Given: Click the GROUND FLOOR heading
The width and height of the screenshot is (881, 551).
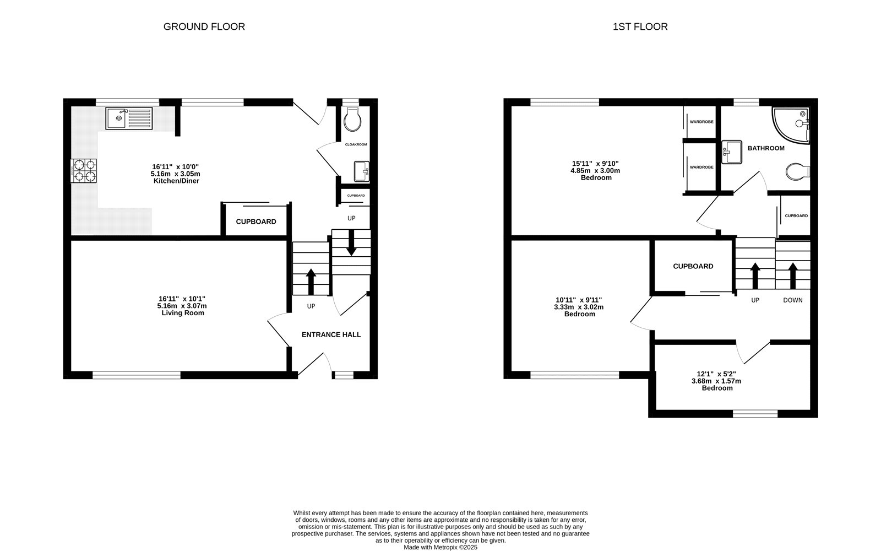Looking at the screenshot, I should tap(204, 26).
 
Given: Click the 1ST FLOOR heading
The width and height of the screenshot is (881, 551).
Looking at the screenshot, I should tap(640, 26).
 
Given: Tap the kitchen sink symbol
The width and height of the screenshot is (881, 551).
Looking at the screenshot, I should tap(130, 118).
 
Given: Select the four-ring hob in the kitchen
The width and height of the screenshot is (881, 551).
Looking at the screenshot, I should tap(84, 170).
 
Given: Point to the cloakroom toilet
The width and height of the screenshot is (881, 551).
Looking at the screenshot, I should tap(351, 119).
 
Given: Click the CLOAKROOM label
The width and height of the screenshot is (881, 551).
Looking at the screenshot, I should tap(356, 144).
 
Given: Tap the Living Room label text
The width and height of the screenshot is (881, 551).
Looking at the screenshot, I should tap(183, 313).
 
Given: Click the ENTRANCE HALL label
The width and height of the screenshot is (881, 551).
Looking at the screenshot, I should tap(331, 334).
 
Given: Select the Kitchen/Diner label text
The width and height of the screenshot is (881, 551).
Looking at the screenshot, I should tap(176, 181).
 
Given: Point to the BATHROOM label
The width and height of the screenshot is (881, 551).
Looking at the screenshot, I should tap(765, 148).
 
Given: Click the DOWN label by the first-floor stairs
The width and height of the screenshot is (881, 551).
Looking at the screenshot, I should tap(792, 300).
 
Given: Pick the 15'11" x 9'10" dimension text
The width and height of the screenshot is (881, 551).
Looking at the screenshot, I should tap(595, 164).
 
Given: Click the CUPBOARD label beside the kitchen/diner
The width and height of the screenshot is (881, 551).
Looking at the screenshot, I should tap(256, 222).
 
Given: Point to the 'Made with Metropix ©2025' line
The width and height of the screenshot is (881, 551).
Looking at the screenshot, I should tap(440, 547).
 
